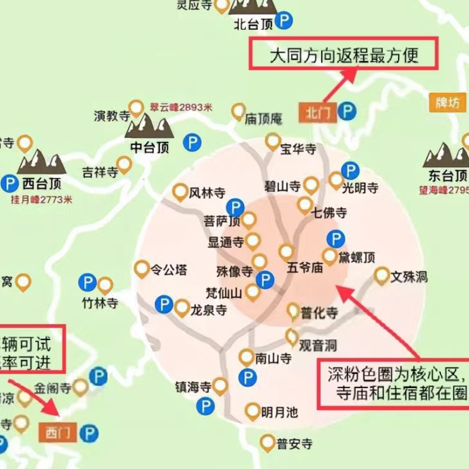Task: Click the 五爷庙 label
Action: (305, 268)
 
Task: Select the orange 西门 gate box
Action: (57, 433)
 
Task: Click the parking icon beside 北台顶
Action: (285, 22)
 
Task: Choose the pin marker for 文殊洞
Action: (382, 274)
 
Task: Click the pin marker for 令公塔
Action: (141, 269)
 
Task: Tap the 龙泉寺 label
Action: (209, 310)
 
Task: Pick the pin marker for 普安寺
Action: (267, 441)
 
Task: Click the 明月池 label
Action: (280, 413)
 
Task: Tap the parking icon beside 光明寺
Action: (350, 171)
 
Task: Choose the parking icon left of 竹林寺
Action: (87, 283)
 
